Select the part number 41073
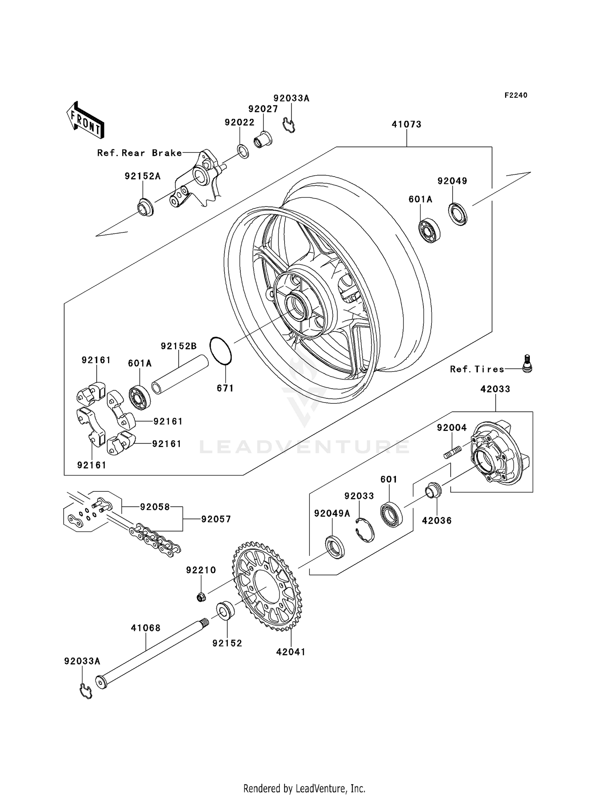point(406,125)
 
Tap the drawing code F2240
point(516,95)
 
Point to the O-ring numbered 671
point(220,351)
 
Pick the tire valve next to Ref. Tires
point(527,363)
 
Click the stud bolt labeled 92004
point(453,452)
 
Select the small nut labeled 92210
point(201,597)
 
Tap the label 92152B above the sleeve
point(179,346)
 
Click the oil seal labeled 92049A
point(335,547)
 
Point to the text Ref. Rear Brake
point(139,153)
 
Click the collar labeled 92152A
point(145,208)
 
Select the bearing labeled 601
point(391,514)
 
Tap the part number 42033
point(495,389)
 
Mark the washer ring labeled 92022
point(243,151)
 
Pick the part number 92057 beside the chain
point(216,519)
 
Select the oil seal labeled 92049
point(458,213)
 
